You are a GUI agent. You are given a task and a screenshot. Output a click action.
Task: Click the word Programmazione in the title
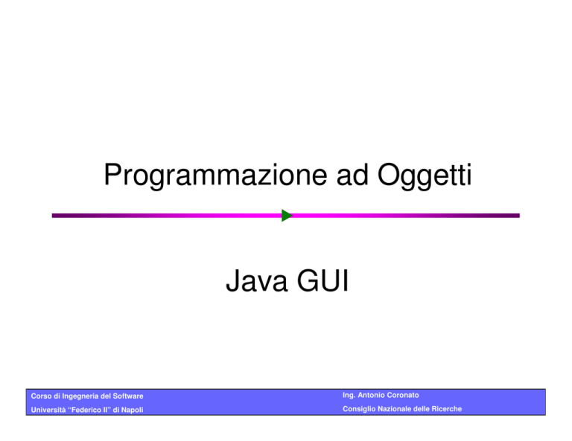(215, 176)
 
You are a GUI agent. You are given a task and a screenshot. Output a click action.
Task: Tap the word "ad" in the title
(352, 175)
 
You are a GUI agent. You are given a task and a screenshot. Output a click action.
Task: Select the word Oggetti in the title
(425, 176)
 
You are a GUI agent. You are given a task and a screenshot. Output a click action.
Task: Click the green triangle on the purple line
(287, 216)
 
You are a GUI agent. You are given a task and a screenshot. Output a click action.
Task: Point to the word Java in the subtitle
(256, 281)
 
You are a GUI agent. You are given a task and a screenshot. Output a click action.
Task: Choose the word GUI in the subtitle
(323, 281)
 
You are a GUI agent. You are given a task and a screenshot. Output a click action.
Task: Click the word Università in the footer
(48, 410)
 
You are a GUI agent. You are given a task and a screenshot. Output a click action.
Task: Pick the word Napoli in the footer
(132, 411)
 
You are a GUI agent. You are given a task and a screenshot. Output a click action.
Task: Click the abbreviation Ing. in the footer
(349, 396)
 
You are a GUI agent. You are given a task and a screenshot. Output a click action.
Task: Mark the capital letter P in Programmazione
(112, 175)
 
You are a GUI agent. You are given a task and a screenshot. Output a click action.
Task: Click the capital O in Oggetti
(389, 175)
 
